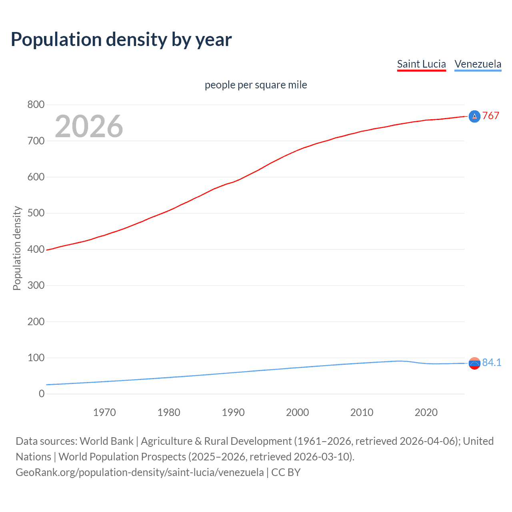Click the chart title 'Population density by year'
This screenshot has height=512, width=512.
(121, 40)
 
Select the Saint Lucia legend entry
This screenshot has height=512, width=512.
(421, 64)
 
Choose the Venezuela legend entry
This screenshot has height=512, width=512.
(478, 64)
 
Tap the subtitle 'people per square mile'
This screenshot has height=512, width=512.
(256, 85)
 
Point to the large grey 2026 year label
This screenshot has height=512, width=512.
(89, 126)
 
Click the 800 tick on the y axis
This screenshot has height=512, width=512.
(36, 105)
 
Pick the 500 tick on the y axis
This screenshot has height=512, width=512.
(36, 213)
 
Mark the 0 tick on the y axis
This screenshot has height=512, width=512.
(42, 394)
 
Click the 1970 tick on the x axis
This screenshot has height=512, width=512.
(104, 412)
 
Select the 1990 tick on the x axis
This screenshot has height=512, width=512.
(233, 412)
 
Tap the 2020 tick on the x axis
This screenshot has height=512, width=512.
(426, 412)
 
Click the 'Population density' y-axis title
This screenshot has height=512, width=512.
(17, 248)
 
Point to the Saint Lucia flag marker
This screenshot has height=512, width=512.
(474, 116)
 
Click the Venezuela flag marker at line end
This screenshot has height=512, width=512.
(474, 363)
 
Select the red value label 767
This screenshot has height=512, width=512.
(490, 116)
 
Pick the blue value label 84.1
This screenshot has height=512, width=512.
(492, 362)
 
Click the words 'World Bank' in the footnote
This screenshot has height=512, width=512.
(106, 441)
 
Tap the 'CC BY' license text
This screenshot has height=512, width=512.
(286, 472)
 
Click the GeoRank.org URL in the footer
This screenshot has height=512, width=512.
(140, 472)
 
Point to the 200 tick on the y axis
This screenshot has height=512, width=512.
(36, 322)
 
